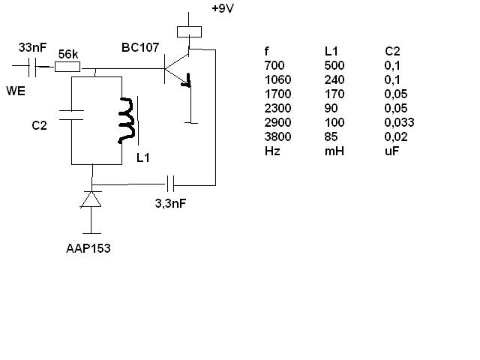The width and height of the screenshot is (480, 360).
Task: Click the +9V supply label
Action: coord(223,8)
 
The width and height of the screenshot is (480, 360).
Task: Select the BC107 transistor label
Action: coord(140,47)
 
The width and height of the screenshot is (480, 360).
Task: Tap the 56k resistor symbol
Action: coord(67,67)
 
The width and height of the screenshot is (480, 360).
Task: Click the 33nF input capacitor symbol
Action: coord(32,67)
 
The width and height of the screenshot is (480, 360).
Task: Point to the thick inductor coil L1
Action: coord(127,120)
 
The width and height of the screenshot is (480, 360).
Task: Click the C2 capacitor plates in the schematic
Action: coord(71,115)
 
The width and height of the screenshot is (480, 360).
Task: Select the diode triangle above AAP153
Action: coord(91,199)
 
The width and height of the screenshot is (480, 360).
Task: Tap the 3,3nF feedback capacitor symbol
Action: coord(170,184)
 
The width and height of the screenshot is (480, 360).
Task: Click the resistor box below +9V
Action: coord(189,31)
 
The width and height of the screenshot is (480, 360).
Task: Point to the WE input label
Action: coord(16,91)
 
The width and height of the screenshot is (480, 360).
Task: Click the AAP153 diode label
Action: coord(88,248)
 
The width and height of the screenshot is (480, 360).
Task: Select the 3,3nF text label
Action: coord(170,203)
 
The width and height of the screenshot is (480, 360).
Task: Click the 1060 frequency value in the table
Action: coord(277,80)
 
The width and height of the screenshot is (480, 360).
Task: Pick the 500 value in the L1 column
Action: coord(334,65)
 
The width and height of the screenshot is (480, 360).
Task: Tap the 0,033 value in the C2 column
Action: coord(399,122)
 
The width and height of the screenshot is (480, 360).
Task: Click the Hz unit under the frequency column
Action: coord(272,151)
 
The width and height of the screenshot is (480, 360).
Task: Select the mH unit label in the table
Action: coord(334,151)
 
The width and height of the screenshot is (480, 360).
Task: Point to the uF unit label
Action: coord(391,151)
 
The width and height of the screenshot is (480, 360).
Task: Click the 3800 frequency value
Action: coord(277,136)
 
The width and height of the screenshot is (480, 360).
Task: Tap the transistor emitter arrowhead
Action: coord(187,82)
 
